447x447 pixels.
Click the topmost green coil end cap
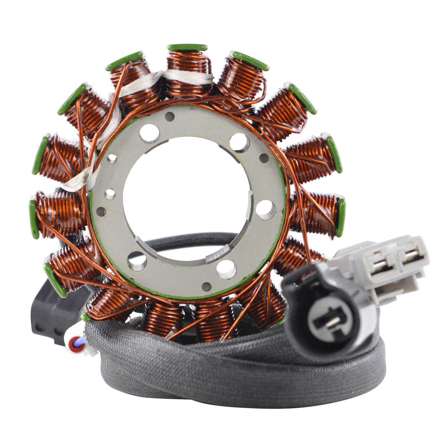coord(187,47)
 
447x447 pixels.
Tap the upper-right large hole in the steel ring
coord(240,142)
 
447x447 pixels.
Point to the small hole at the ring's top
coord(170,116)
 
